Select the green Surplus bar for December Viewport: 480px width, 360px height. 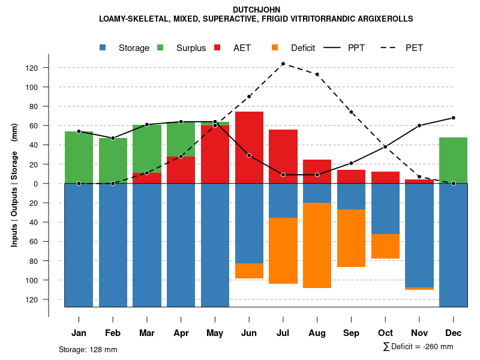pyautogui.click(x=453, y=160)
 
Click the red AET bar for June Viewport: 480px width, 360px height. pyautogui.click(x=249, y=147)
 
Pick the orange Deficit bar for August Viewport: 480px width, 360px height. pyautogui.click(x=317, y=245)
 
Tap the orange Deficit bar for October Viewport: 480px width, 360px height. pyautogui.click(x=385, y=246)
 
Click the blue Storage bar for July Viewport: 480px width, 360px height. pyautogui.click(x=283, y=200)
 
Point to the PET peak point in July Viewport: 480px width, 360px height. pyautogui.click(x=283, y=64)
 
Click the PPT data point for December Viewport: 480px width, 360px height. pyautogui.click(x=453, y=118)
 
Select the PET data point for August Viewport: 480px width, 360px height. pyautogui.click(x=317, y=74)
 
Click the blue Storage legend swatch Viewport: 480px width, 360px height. pyautogui.click(x=104, y=48)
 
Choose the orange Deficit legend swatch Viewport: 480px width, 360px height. pyautogui.click(x=275, y=48)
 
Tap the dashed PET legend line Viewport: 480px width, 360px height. pyautogui.click(x=391, y=48)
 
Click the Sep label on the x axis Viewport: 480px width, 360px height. pyautogui.click(x=351, y=333)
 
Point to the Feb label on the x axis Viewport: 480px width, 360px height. pyautogui.click(x=113, y=333)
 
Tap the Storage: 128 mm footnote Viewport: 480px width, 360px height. pyautogui.click(x=88, y=349)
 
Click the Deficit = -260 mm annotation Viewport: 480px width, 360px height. pyautogui.click(x=418, y=346)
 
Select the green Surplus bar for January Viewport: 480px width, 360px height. pyautogui.click(x=79, y=157)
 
